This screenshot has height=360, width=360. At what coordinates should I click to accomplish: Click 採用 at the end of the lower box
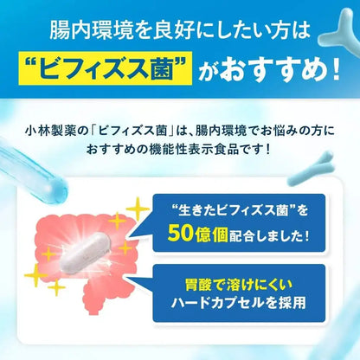pos(304,309)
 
